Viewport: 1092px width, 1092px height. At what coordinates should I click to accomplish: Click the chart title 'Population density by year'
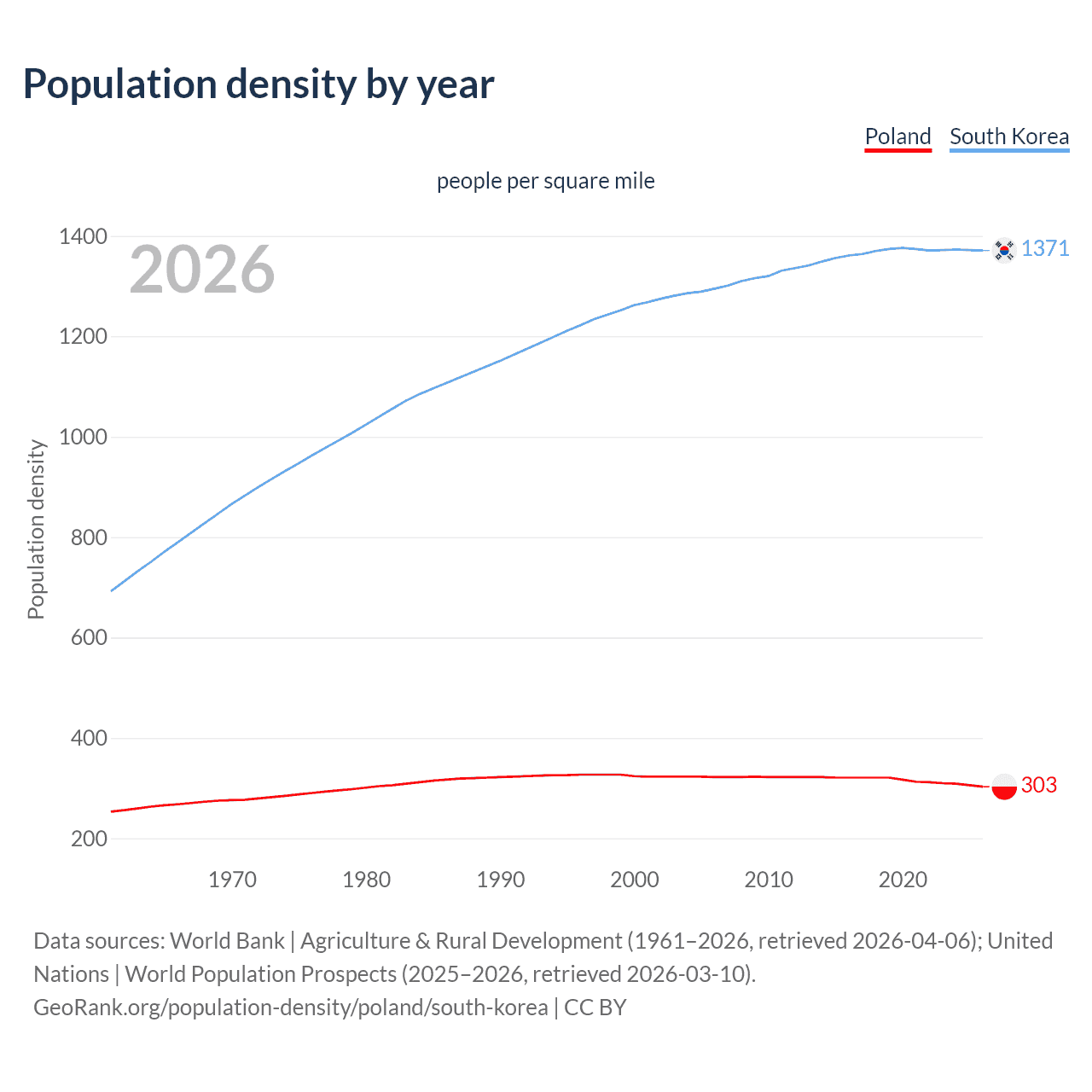258,84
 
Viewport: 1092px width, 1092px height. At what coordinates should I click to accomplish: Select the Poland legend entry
897,136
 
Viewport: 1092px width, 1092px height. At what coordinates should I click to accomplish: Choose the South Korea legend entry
1009,136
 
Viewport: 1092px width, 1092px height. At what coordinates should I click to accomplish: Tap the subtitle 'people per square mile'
546,181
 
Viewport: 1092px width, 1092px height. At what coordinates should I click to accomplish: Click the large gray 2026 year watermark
202,270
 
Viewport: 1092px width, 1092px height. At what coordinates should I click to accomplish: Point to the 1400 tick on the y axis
83,236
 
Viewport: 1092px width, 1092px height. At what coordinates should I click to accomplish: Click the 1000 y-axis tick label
83,437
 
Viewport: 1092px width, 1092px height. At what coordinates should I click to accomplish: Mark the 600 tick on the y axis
89,637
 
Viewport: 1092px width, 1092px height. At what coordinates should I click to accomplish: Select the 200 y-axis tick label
89,839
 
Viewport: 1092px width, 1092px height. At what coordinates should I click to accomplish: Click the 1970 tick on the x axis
232,880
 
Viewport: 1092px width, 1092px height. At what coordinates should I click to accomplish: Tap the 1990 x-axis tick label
501,880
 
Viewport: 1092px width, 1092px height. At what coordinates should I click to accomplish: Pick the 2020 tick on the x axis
903,880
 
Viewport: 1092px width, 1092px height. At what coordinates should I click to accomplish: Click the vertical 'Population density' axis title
36,529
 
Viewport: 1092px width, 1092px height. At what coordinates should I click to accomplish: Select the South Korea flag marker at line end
1004,250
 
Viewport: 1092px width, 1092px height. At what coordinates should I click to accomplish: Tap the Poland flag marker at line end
1004,786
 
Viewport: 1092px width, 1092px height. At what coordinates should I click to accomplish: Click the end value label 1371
1045,248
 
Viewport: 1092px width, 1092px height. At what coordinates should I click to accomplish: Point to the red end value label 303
1038,785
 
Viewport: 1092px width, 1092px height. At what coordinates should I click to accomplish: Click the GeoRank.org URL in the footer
290,1008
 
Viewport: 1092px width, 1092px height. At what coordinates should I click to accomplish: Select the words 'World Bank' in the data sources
227,941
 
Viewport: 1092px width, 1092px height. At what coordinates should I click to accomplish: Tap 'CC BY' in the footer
595,1008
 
